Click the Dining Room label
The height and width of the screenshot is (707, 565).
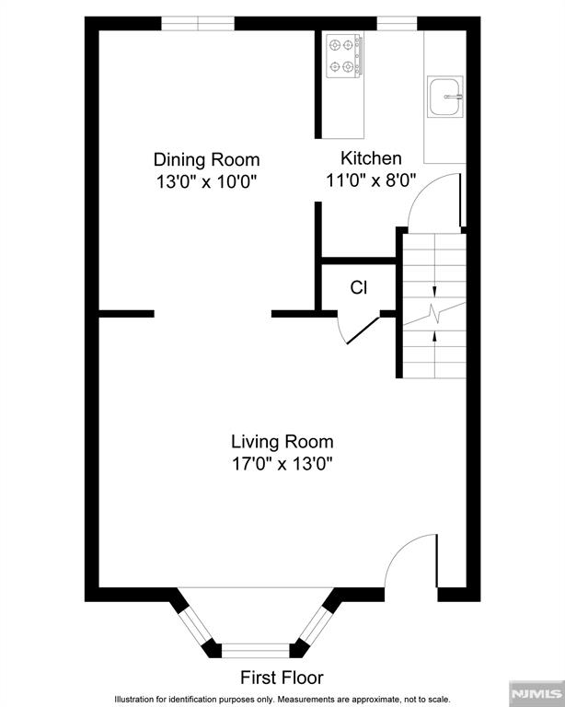coord(206,159)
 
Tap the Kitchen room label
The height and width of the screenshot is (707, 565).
coord(371,158)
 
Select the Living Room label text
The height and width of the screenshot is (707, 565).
coord(282,442)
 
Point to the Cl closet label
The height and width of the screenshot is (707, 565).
coord(358,287)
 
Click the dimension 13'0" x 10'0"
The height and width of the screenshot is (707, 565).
coord(206,182)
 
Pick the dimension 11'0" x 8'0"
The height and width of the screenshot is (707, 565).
coord(371,181)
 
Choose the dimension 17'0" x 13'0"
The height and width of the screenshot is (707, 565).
coord(282,465)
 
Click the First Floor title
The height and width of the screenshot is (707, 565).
coord(282,678)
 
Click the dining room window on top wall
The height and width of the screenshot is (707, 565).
coord(198,23)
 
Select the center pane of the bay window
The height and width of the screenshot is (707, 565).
coord(256,650)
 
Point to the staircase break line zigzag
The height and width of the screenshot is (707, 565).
coord(434,311)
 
